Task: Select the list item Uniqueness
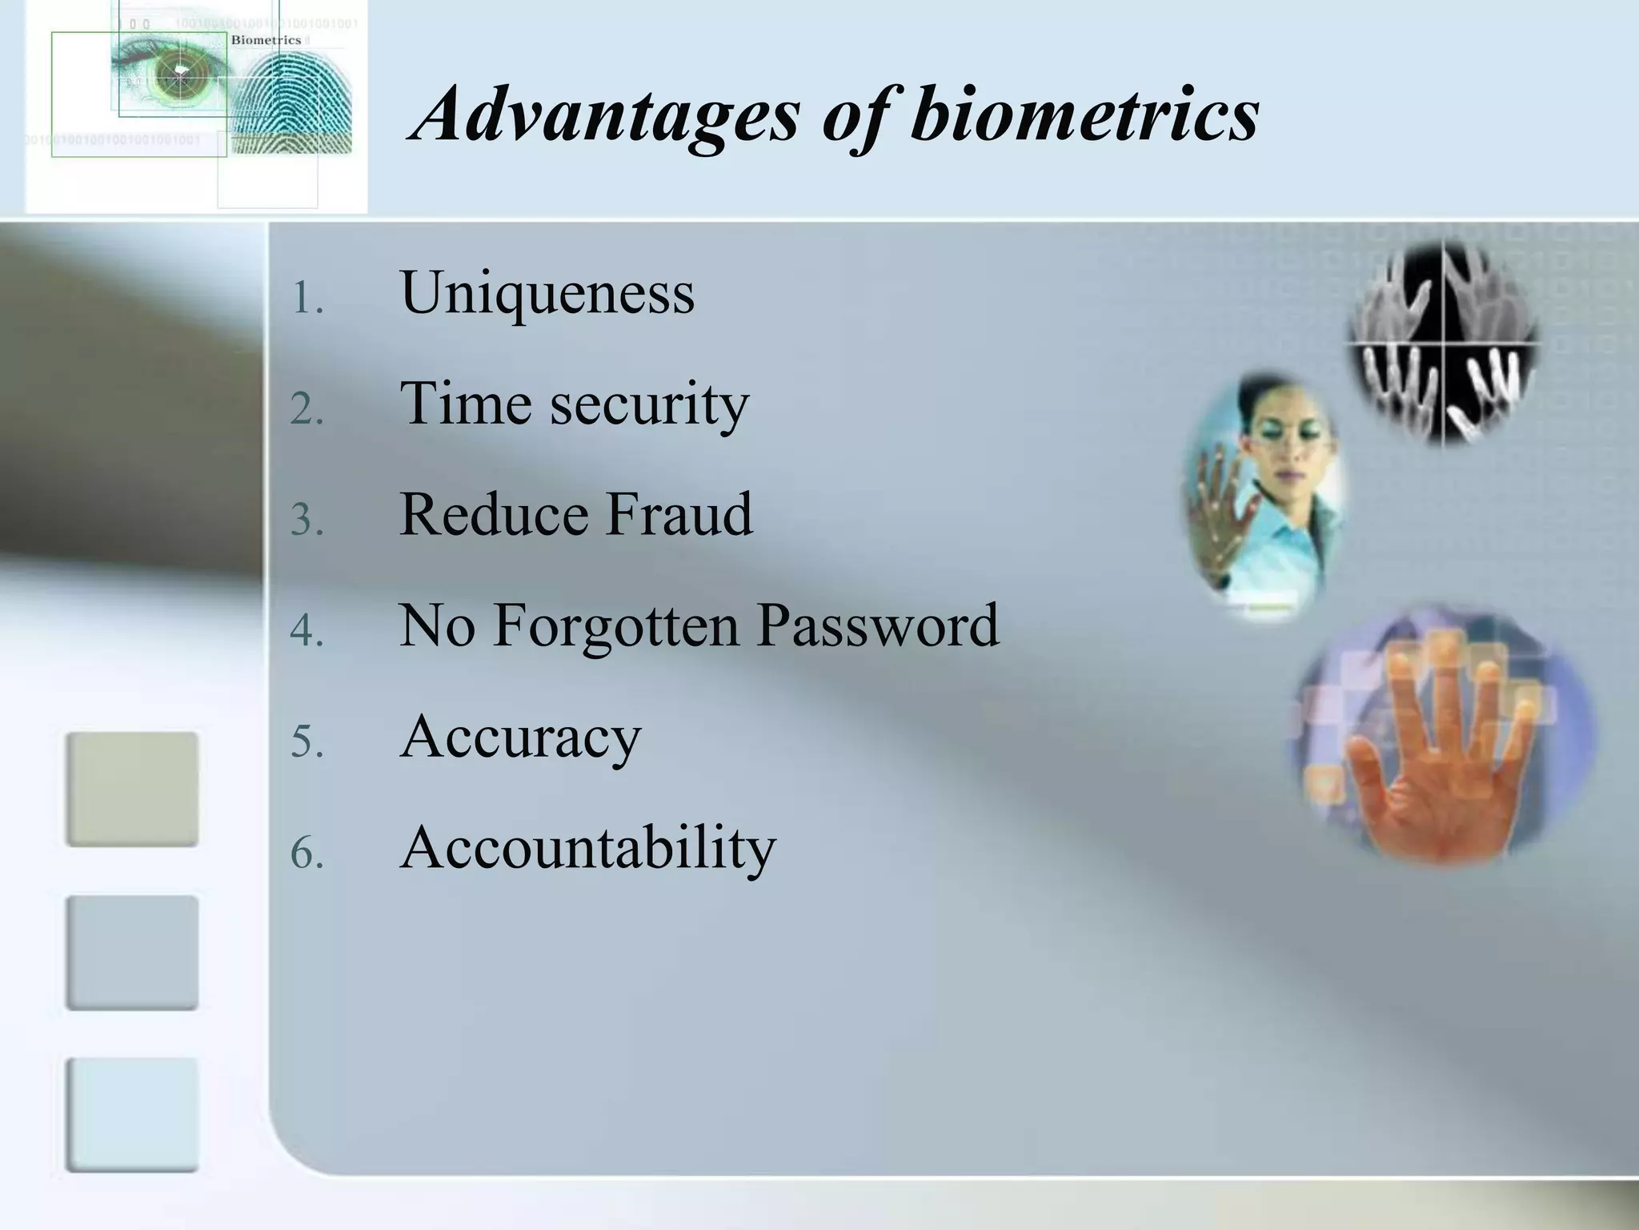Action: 547,293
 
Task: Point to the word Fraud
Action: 679,514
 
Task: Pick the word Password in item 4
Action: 878,625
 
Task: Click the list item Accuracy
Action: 521,737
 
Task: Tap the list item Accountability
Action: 588,847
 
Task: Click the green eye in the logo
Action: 178,74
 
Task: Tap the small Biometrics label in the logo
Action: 266,40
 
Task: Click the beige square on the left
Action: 132,789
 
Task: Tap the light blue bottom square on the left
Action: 132,1115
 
